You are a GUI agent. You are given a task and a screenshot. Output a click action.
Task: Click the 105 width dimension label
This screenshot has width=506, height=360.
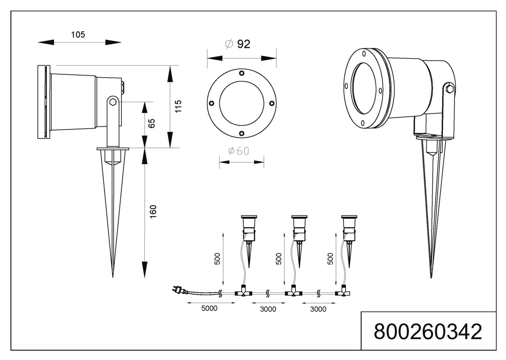click(78, 34)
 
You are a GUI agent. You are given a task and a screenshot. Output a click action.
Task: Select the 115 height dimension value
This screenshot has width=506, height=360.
click(178, 106)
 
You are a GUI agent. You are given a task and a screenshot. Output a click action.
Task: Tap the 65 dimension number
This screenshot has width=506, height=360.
click(151, 124)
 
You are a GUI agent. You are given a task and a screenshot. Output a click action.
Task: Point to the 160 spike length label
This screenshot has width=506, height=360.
click(153, 212)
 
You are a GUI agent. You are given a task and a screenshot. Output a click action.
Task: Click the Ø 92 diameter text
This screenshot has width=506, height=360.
click(238, 44)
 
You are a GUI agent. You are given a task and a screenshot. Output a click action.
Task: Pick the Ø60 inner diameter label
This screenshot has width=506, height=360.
click(239, 151)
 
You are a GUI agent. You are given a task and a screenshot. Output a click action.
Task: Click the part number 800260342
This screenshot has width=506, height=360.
click(428, 331)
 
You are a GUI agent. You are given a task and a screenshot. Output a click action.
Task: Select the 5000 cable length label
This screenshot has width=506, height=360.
click(209, 308)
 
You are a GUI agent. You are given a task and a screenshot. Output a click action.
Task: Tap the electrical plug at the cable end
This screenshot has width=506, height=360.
click(177, 290)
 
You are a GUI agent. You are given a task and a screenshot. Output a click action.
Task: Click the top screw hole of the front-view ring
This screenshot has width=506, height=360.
click(242, 73)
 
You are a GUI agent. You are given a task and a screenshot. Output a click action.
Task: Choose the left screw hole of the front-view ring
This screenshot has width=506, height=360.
click(212, 103)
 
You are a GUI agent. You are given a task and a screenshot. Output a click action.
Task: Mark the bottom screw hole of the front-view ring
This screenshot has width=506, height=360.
click(242, 133)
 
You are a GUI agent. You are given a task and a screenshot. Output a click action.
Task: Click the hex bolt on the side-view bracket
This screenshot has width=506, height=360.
click(113, 102)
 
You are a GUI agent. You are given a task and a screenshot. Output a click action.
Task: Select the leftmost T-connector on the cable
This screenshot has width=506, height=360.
click(243, 292)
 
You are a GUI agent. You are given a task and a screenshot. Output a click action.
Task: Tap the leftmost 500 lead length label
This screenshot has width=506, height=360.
click(217, 259)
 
